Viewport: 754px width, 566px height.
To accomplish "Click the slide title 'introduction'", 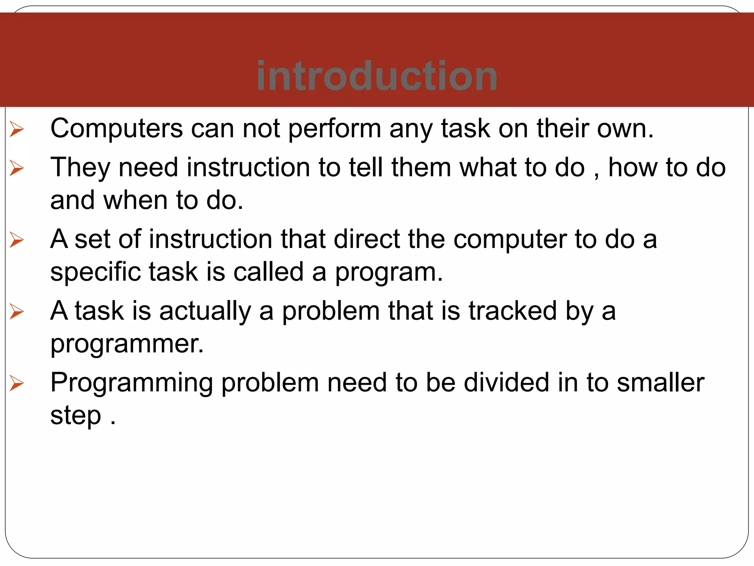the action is pos(377,76).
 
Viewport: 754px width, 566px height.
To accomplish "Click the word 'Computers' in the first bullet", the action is pos(116,129).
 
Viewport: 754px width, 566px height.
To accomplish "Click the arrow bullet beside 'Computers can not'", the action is pos(17,129).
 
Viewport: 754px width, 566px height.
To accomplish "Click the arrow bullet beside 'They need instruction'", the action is pos(17,168).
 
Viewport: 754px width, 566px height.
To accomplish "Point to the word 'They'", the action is pos(80,168).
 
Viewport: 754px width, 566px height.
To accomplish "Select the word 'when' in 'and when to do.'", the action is pos(135,200).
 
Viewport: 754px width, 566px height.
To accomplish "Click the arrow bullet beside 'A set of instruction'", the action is pos(17,240).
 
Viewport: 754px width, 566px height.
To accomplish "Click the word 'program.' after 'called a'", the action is pos(389,273).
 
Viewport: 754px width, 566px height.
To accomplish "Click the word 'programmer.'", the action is pos(127,344).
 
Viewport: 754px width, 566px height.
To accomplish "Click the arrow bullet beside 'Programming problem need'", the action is pos(17,383).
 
